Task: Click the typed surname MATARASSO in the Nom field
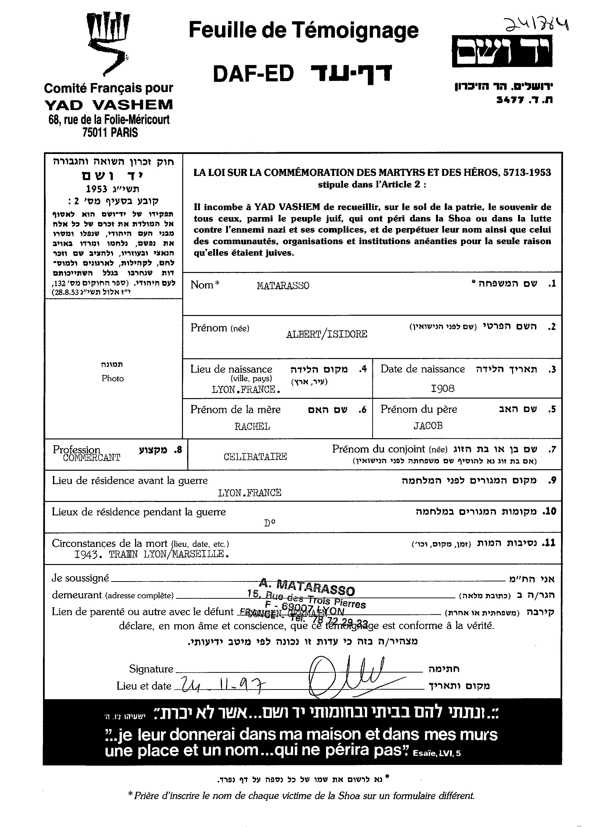283,286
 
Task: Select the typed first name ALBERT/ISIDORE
327,334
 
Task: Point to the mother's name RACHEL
252,426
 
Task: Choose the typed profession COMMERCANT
91,458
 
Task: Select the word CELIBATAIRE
255,457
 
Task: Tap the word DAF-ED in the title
254,74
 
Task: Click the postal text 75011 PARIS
110,132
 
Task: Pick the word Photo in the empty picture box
113,379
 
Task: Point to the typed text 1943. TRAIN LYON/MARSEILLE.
152,554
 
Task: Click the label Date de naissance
422,369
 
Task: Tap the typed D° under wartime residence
270,523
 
